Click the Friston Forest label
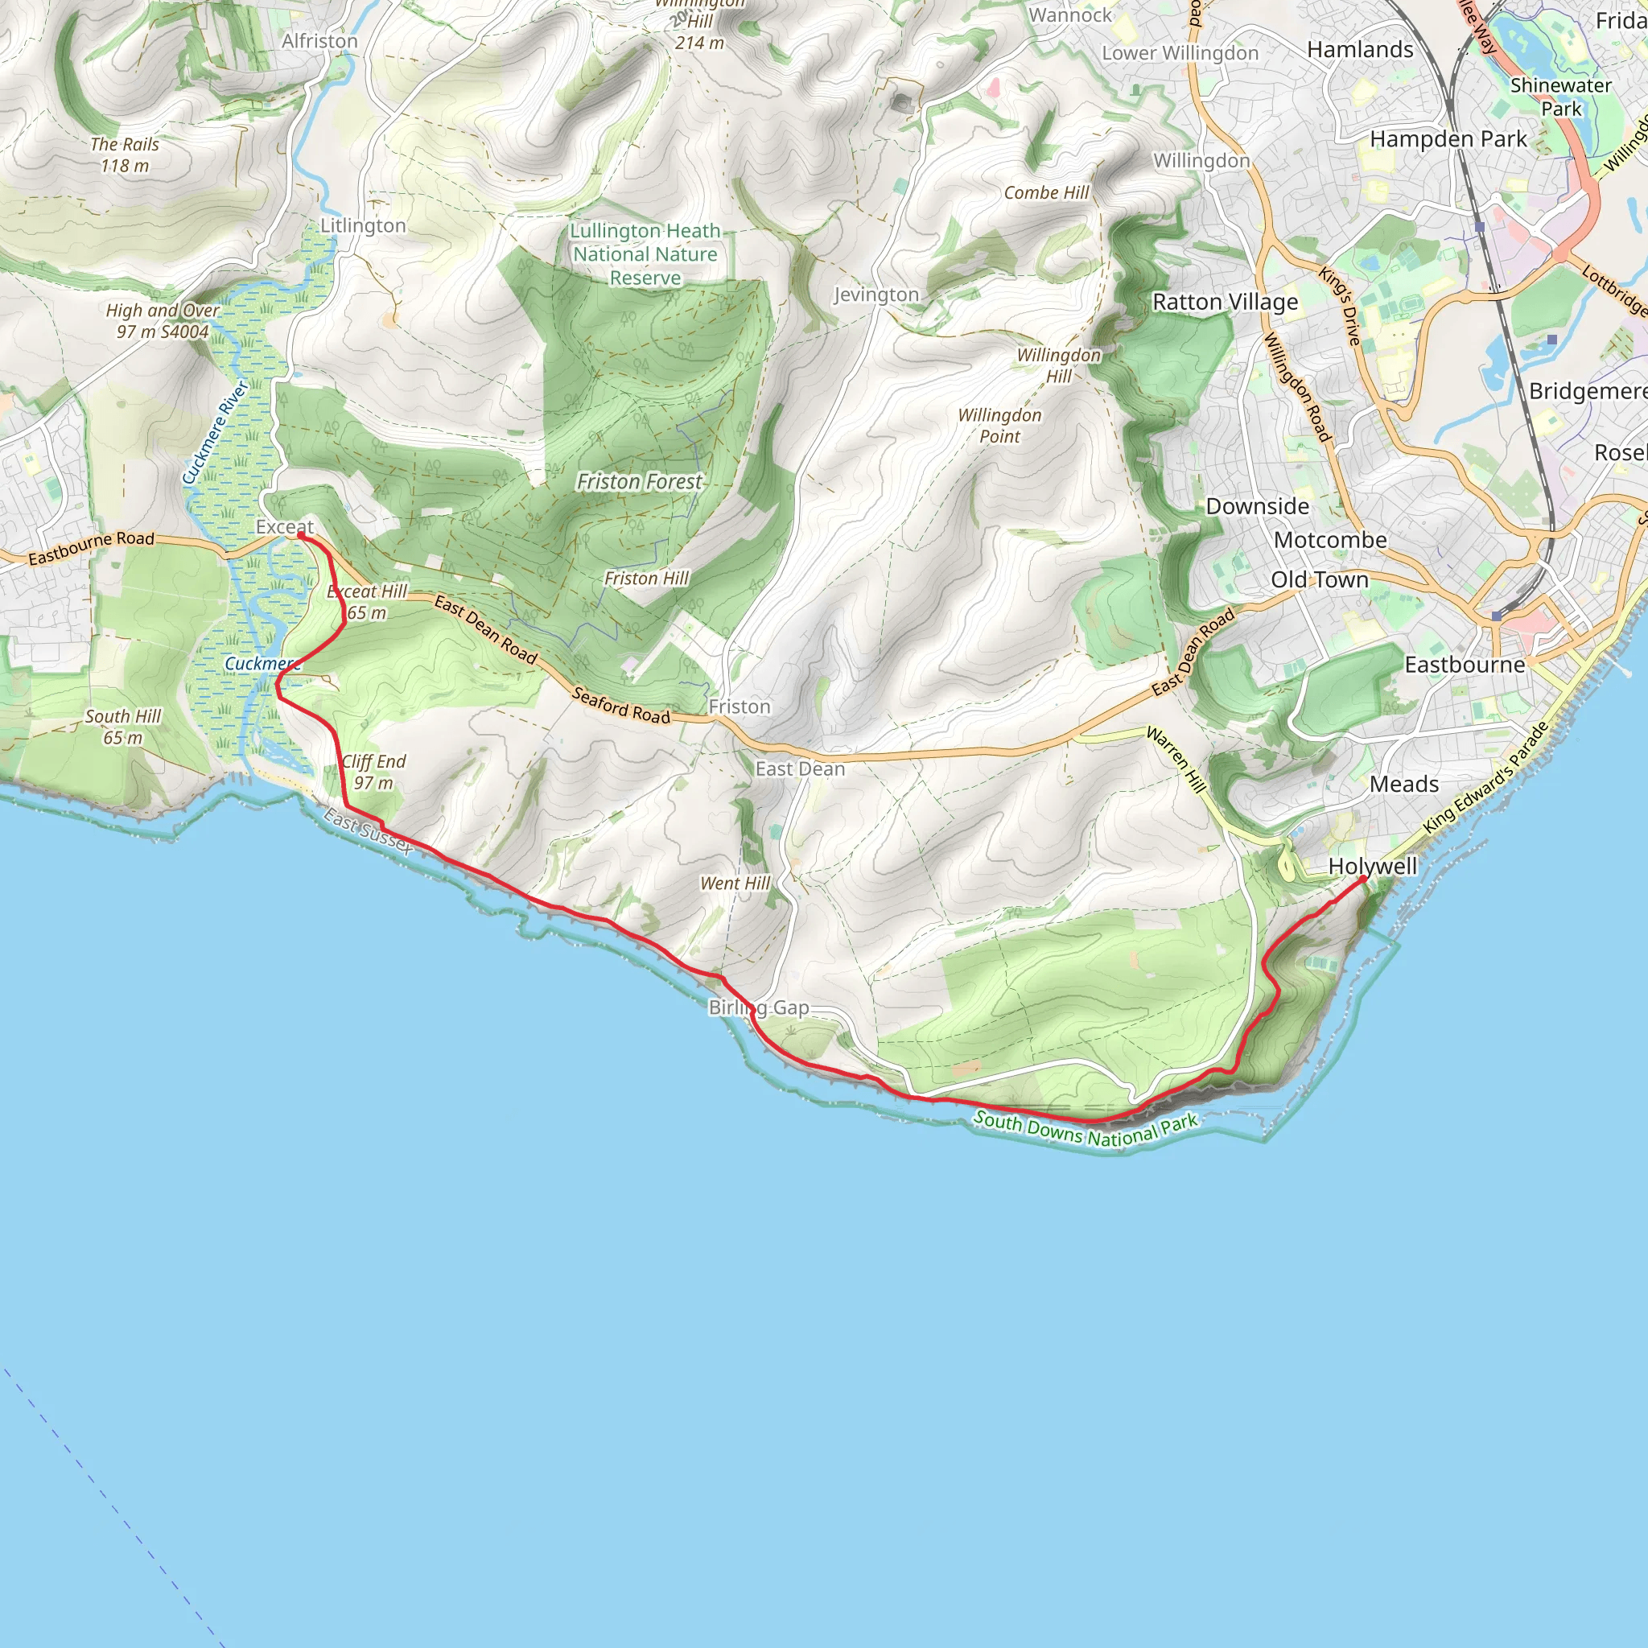point(639,482)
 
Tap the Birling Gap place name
point(758,1007)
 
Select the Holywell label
point(1372,866)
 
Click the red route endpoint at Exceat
point(301,536)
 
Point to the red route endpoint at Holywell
point(1363,878)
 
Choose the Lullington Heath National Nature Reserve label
point(645,254)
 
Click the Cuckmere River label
point(216,432)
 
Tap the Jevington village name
point(876,295)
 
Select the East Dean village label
point(799,768)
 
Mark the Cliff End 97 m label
point(373,772)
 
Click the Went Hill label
point(735,884)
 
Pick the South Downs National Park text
point(1086,1129)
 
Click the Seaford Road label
point(621,706)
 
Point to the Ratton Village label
point(1225,302)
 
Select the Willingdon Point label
point(999,426)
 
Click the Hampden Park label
point(1448,139)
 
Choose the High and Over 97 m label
point(162,321)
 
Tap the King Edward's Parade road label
point(1485,778)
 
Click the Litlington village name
point(363,225)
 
